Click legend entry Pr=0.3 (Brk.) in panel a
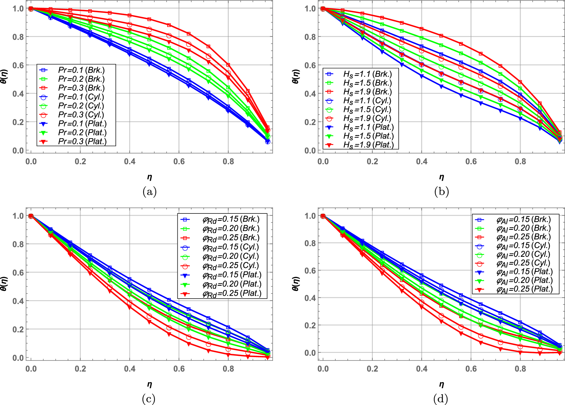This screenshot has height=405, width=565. (x=81, y=88)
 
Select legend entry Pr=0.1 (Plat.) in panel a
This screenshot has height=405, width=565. (x=82, y=124)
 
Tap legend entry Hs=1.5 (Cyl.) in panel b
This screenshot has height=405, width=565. (x=367, y=110)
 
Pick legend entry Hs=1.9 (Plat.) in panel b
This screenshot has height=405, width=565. (x=368, y=145)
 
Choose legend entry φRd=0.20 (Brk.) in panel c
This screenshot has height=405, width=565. (x=231, y=229)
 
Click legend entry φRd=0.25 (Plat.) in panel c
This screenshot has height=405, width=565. (x=232, y=293)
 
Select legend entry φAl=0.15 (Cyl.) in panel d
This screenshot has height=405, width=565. (x=523, y=246)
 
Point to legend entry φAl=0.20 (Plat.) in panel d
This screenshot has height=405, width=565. (x=524, y=281)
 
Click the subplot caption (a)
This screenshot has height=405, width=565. (x=149, y=192)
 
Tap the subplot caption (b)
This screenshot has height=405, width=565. (x=441, y=192)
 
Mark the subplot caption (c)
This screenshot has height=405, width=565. (x=149, y=399)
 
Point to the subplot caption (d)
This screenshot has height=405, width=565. (x=441, y=399)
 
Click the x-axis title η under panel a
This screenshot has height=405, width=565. (x=150, y=177)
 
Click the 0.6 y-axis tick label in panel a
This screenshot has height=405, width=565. (x=18, y=65)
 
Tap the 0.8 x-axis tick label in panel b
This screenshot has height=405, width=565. (x=520, y=161)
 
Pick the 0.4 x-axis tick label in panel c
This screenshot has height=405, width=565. (x=130, y=369)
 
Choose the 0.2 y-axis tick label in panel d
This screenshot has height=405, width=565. (x=310, y=325)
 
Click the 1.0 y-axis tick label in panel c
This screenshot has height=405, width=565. (x=18, y=216)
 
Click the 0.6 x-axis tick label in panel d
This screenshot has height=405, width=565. (x=471, y=369)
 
